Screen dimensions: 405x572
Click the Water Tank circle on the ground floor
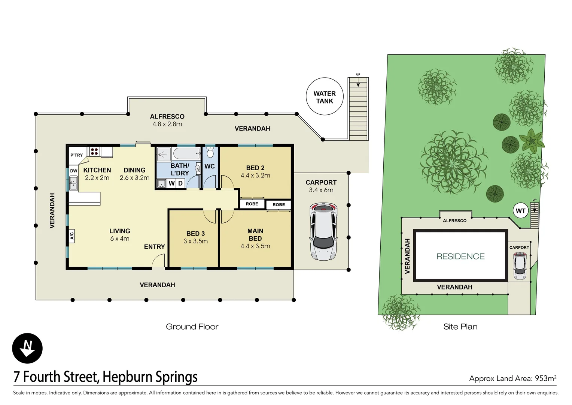(x=325, y=96)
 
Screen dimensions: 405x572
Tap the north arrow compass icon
(x=27, y=348)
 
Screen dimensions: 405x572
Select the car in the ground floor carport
(x=323, y=232)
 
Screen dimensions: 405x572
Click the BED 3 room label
(x=195, y=234)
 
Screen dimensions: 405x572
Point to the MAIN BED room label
(x=255, y=235)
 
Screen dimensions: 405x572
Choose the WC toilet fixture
(x=210, y=153)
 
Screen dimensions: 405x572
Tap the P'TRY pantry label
(x=77, y=155)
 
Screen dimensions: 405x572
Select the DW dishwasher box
(x=74, y=171)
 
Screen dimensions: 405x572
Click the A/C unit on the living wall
(x=71, y=236)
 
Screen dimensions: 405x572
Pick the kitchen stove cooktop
(x=94, y=151)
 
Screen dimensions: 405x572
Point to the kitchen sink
(x=73, y=184)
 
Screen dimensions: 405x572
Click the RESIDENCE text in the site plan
(x=460, y=256)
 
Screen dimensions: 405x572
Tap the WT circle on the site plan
(x=520, y=211)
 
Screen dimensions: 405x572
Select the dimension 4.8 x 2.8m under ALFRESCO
(x=167, y=124)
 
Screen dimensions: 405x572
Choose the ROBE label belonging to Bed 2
(x=252, y=204)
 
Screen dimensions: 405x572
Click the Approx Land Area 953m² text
(x=512, y=378)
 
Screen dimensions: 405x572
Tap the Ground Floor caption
(x=192, y=327)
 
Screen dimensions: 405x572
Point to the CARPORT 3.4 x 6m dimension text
(x=321, y=190)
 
